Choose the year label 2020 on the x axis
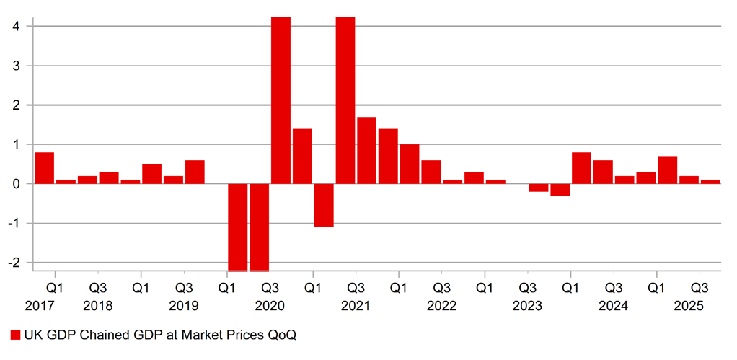pos(270,306)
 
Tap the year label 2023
pos(527,306)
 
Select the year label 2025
pos(689,306)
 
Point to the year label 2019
pos(184,306)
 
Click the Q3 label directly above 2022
pos(441,287)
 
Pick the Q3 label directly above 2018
pos(98,287)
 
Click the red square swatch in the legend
pos(15,335)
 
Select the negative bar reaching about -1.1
pos(324,206)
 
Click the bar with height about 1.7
pos(366,150)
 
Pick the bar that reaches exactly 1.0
pos(410,164)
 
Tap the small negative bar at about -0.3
pos(560,190)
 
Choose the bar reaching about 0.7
pos(667,170)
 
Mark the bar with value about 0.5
pos(151,174)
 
